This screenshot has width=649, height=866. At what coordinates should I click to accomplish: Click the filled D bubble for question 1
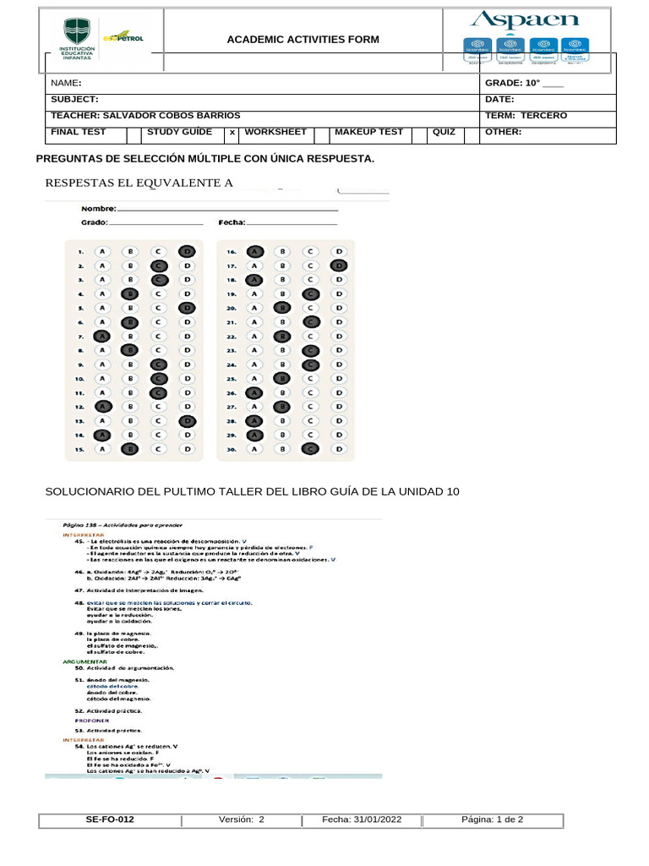[187, 251]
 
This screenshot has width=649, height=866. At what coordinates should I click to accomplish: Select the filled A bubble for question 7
[101, 337]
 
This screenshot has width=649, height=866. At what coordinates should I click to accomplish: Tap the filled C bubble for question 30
[310, 449]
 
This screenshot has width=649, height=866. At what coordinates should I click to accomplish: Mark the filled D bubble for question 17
[338, 266]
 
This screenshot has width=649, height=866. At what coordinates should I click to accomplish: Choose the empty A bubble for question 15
[101, 449]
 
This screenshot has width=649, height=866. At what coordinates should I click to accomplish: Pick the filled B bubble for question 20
[282, 308]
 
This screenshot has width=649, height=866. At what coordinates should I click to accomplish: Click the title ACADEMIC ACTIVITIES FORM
[303, 40]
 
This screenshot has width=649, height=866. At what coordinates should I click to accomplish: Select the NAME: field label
[66, 84]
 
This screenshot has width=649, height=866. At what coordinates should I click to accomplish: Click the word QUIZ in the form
[444, 132]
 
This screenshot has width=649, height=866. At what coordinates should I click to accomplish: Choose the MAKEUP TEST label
[368, 132]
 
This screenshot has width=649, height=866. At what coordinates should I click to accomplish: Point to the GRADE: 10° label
[512, 84]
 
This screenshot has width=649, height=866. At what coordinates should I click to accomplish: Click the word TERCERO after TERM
[544, 115]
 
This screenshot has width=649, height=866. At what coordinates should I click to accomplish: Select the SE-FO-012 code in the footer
[110, 819]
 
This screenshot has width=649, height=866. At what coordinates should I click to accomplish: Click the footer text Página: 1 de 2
[493, 819]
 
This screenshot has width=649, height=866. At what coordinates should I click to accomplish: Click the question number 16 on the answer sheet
[229, 252]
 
